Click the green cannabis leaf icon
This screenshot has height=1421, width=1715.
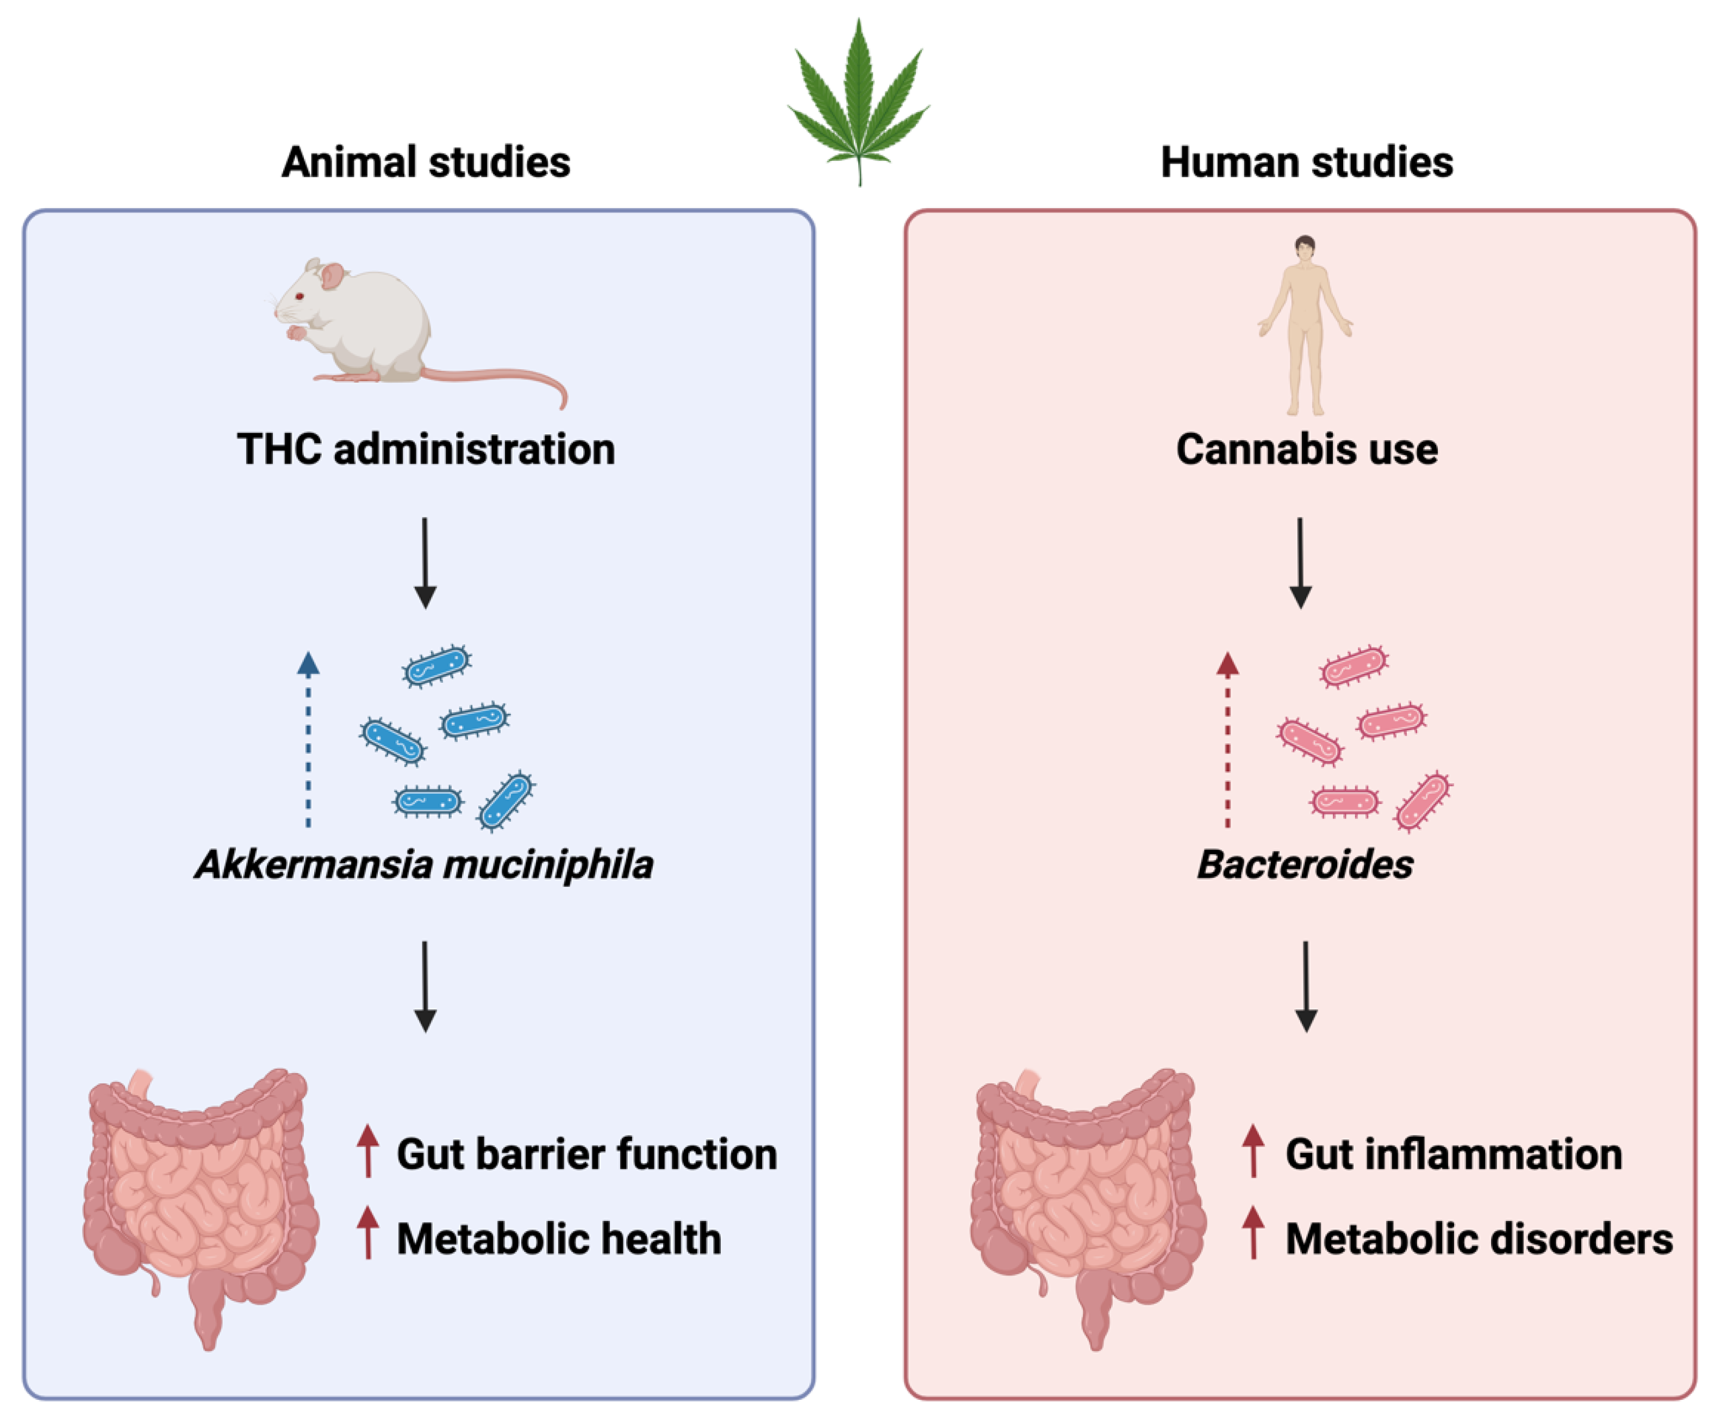pos(858,98)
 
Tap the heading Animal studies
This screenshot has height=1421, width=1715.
pos(426,161)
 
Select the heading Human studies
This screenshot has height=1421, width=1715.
pos(1307,161)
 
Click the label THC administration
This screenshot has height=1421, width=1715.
pos(426,449)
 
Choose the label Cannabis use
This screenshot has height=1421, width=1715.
pos(1307,449)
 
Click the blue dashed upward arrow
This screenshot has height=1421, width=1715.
pos(308,739)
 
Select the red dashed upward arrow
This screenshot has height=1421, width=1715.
pos(1227,739)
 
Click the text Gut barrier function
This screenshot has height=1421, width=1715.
pos(587,1154)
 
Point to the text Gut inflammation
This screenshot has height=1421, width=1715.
pos(1454,1154)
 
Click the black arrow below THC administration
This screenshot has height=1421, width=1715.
pos(425,564)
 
